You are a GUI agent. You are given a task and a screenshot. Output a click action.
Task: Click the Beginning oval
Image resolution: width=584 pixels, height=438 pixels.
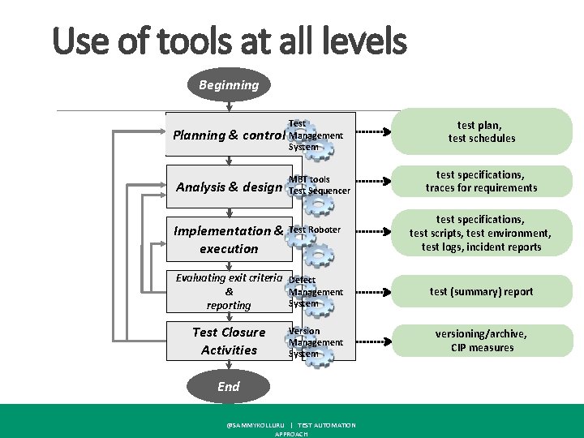229,84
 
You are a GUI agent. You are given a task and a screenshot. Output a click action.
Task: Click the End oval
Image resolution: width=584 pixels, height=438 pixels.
229,386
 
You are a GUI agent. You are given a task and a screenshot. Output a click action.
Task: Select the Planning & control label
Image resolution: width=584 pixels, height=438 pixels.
226,135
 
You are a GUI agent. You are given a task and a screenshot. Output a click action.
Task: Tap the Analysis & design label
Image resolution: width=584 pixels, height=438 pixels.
229,187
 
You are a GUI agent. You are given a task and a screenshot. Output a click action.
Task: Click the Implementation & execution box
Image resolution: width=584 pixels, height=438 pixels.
228,239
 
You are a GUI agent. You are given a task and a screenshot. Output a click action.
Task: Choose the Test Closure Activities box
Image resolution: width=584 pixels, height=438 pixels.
228,341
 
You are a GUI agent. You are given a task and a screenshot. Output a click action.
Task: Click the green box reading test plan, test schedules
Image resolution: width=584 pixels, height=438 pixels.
481,131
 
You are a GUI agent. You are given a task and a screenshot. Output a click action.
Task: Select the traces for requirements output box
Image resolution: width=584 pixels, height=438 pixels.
481,182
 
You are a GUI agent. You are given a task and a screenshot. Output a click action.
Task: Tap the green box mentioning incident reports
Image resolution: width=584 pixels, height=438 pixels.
481,233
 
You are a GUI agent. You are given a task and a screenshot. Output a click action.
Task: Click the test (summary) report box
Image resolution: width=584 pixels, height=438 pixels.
481,291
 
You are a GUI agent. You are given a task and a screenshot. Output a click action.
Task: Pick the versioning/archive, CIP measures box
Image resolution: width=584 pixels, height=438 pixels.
481,341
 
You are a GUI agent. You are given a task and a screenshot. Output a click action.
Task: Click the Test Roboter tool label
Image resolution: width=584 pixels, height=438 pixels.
315,230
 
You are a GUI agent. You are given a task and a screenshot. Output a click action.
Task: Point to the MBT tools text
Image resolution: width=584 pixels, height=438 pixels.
309,179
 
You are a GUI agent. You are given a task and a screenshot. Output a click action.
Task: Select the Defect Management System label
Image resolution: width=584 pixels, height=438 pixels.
316,291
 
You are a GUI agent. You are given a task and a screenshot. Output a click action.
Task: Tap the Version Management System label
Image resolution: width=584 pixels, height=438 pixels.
316,342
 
